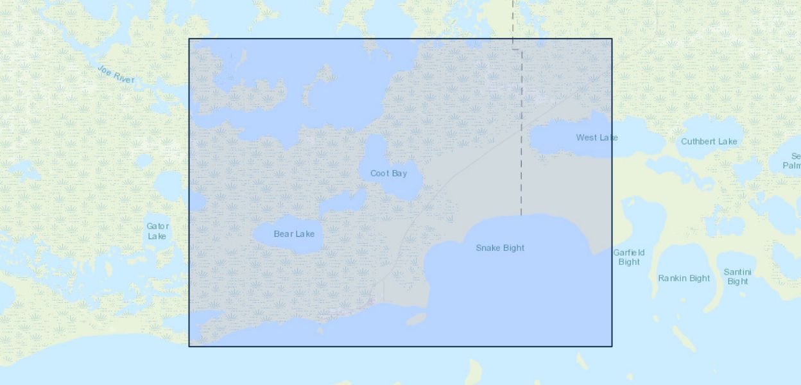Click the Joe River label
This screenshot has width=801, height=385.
[116, 74]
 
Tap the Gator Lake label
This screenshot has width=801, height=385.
[157, 231]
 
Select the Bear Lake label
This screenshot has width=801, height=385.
[294, 234]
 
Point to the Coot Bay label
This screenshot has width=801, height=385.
[388, 173]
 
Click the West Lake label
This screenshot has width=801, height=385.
[596, 137]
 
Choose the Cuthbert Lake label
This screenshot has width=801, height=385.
[709, 141]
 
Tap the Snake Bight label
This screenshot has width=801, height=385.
[500, 248]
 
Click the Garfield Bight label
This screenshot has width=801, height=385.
[628, 257]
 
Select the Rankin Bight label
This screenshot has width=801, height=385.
[684, 278]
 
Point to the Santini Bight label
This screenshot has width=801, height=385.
[737, 277]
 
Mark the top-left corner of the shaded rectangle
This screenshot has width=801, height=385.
[189, 39]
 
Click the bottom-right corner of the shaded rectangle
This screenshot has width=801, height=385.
[612, 346]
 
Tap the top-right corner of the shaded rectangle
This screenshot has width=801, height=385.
[612, 39]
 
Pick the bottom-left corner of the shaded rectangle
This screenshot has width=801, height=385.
[189, 346]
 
